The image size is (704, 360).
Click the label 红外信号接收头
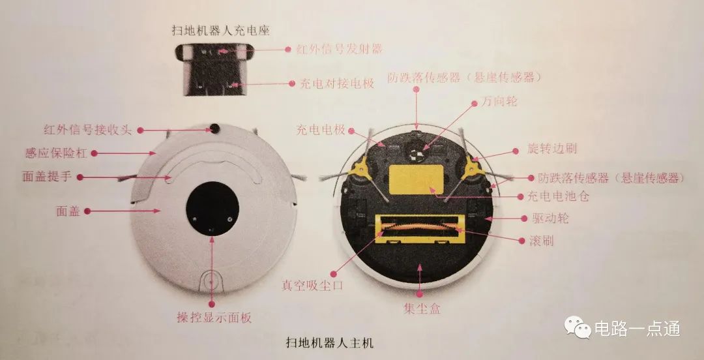point(87,130)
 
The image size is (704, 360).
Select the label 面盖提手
point(47,177)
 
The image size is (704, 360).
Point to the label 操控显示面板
point(214,318)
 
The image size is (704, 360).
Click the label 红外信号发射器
point(340,49)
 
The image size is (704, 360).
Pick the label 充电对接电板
point(337,83)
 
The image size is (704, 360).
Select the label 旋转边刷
point(552,149)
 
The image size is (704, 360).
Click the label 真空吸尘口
point(312,286)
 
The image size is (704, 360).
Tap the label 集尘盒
point(422,308)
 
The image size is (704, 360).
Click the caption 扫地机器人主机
point(330,344)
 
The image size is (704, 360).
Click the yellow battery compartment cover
point(416,179)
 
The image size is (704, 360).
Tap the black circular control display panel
point(213,209)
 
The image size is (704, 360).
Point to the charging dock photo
point(214,69)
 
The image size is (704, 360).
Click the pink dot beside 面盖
point(87,211)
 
